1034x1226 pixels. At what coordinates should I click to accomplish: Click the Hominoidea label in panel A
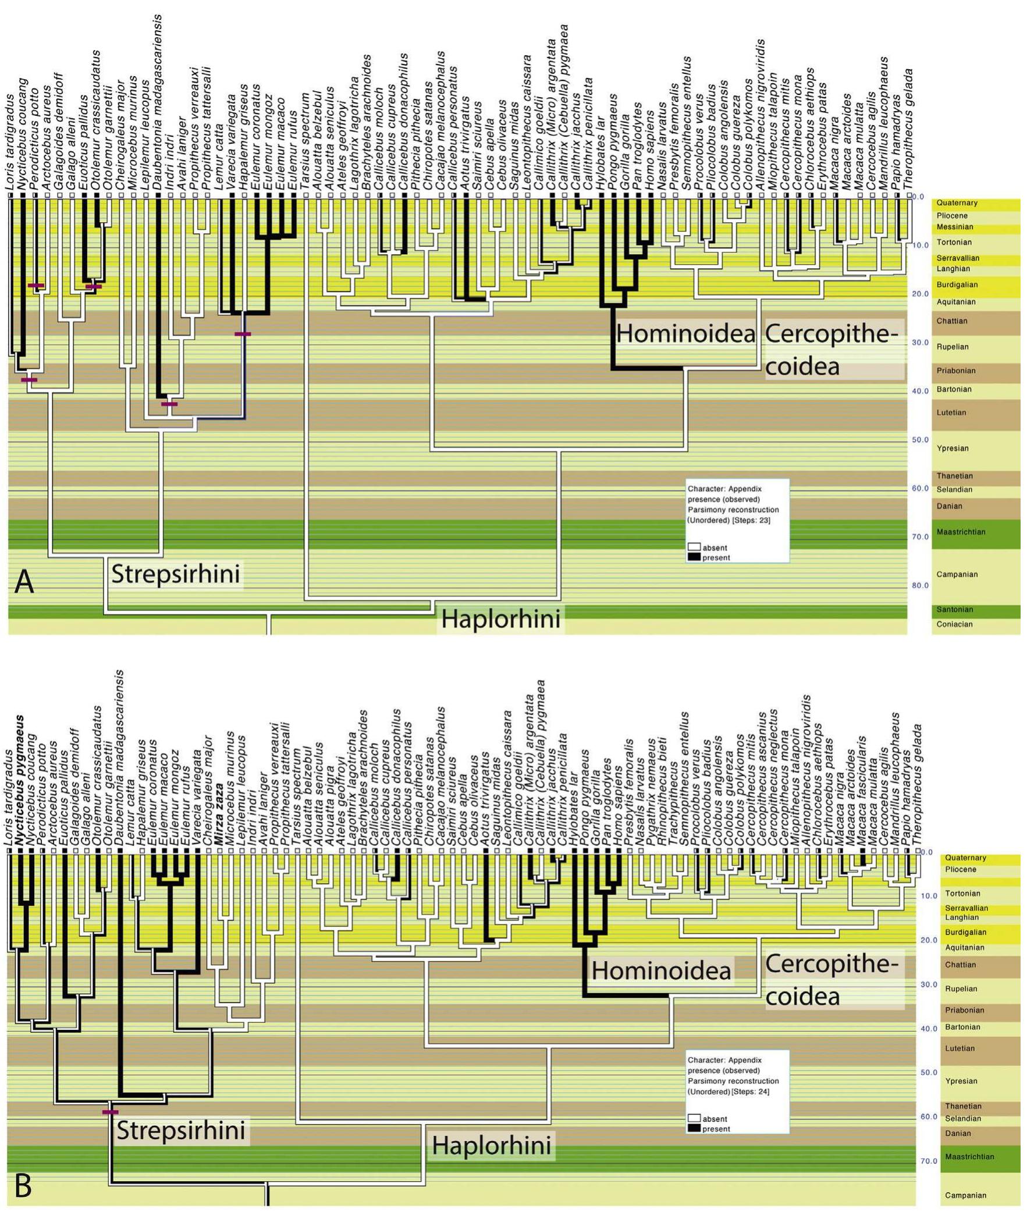(686, 335)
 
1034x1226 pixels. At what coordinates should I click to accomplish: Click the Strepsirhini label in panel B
(180, 1131)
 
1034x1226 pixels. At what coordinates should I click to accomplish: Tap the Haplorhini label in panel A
(500, 619)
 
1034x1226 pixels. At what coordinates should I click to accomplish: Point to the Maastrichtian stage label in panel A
(960, 532)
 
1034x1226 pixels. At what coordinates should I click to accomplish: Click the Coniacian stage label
(954, 624)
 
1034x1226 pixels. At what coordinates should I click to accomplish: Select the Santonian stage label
(954, 609)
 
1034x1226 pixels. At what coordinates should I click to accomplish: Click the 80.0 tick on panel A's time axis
(920, 585)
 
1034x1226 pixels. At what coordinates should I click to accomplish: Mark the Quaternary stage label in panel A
(957, 202)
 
